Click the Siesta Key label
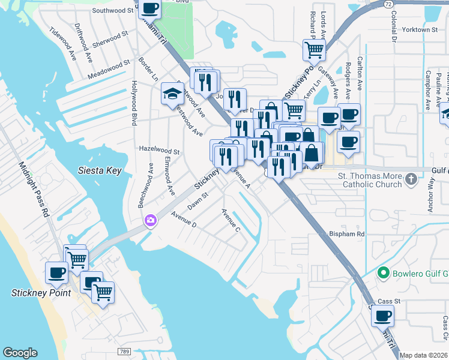coord(100,170)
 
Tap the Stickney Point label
coord(41,293)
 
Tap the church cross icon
coord(411,179)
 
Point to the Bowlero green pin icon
coord(383,274)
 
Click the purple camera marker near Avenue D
coord(149,221)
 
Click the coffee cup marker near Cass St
coord(382,315)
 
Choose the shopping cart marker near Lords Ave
coord(313,50)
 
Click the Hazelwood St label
coord(159,152)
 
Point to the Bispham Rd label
coord(346,233)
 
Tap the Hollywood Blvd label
coord(134,103)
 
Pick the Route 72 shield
coord(389,4)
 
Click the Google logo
coord(20,353)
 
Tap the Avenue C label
coord(231,220)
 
